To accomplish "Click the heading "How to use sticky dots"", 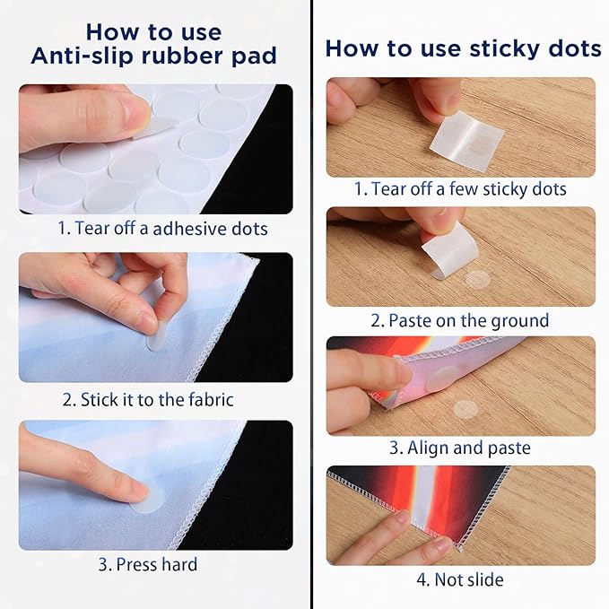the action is [x=463, y=49].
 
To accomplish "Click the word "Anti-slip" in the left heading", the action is [x=83, y=56].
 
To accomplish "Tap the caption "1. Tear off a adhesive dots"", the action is [x=162, y=229].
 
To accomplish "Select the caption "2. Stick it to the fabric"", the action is [x=148, y=400].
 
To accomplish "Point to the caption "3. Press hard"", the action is [x=148, y=564].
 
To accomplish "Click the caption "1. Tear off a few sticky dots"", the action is [x=460, y=189].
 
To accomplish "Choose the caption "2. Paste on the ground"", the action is [x=460, y=321].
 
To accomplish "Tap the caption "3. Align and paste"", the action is [x=460, y=448].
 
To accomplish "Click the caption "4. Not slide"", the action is [x=460, y=579].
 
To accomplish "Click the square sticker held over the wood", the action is [x=467, y=140].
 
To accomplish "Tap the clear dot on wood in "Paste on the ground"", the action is [x=477, y=279].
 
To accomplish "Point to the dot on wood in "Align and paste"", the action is [x=465, y=409].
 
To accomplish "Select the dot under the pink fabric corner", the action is [x=442, y=378].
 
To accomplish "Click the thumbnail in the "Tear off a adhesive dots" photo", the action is [x=136, y=113].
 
